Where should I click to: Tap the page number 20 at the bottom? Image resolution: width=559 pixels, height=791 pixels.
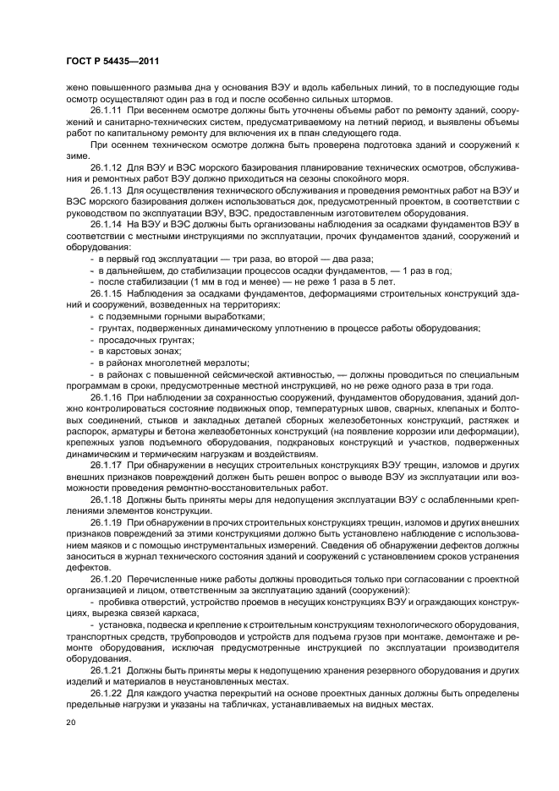point(71,723)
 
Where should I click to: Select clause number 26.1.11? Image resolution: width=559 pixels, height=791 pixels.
point(107,111)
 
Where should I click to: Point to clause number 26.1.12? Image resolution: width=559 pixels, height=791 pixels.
point(107,167)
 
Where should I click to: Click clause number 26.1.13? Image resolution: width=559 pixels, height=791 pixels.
point(107,190)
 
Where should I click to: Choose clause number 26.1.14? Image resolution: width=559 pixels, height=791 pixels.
point(107,224)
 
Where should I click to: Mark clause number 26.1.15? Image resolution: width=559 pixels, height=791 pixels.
point(107,292)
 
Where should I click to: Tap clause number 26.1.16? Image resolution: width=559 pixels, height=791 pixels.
point(107,395)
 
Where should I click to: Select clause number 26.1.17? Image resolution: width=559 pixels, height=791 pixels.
point(107,465)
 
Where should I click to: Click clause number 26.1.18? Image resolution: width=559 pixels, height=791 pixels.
point(107,499)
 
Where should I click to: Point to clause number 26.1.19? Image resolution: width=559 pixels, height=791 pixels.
point(107,521)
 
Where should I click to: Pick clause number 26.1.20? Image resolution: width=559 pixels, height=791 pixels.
point(107,579)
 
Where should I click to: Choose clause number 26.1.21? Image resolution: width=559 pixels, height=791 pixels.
point(107,669)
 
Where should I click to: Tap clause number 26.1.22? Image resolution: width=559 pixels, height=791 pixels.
point(107,692)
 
